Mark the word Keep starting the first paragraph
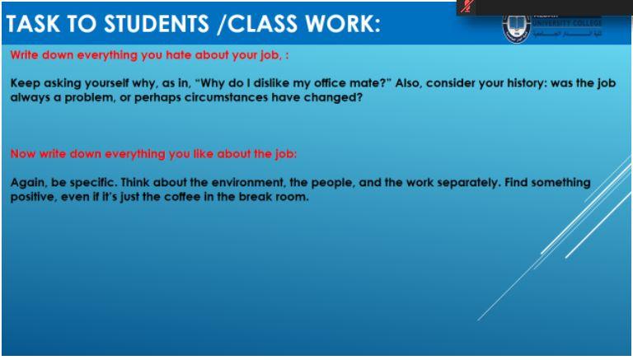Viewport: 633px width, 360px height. coord(24,85)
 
